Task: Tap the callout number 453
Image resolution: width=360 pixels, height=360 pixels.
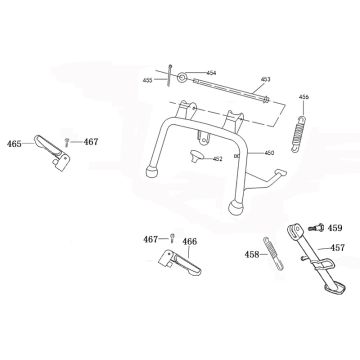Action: tap(265, 78)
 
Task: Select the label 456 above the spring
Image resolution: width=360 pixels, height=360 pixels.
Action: tap(304, 97)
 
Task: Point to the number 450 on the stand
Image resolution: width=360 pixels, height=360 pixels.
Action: tap(268, 154)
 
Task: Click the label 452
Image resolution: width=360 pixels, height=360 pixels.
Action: tap(217, 158)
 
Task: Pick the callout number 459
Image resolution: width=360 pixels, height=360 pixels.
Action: tap(335, 227)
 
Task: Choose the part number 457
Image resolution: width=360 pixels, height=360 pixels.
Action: tap(338, 246)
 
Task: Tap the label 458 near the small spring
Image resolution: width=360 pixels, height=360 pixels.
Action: tap(251, 254)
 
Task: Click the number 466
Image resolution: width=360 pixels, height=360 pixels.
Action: tap(190, 241)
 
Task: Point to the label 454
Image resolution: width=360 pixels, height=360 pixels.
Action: tap(211, 72)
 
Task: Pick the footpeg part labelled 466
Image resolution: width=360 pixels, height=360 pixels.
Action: tap(175, 267)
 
